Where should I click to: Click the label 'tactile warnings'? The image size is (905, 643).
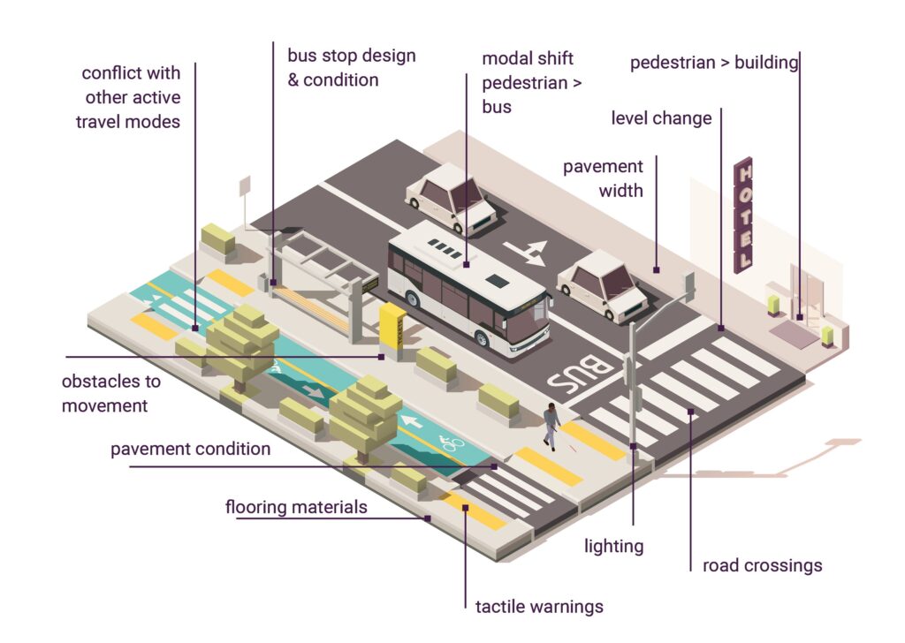click(539, 607)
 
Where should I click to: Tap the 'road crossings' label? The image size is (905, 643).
click(762, 565)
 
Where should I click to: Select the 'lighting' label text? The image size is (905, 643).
click(613, 546)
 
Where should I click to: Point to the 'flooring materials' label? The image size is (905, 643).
click(296, 508)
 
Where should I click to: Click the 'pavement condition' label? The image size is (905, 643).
click(190, 450)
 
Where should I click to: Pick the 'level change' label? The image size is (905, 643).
click(661, 118)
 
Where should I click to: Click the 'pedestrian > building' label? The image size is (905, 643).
click(714, 63)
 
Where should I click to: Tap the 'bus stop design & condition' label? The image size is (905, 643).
click(351, 68)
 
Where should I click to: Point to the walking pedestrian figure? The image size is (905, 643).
click(551, 426)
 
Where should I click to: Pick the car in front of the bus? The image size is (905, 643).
click(604, 284)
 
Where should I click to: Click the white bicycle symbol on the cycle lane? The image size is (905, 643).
click(452, 442)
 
